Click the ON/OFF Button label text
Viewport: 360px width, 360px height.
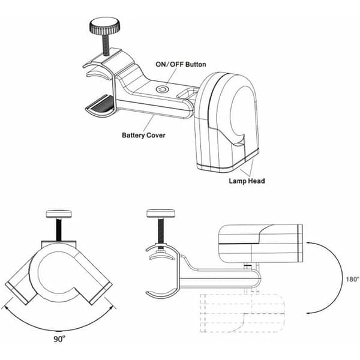point(181,64)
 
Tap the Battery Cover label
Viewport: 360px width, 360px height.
point(143,135)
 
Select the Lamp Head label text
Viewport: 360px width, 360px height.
point(247,181)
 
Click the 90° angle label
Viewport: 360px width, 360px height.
point(59,339)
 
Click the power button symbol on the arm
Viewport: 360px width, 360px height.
point(163,89)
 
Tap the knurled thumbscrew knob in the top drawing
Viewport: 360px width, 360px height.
point(105,26)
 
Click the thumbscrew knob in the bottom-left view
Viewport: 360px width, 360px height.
point(59,214)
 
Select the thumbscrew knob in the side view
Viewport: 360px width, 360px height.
point(160,213)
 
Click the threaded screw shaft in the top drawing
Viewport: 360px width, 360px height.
point(106,44)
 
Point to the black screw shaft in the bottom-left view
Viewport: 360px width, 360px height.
point(59,229)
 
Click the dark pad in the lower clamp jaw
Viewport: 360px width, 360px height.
point(102,105)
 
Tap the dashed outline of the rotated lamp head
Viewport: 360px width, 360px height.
point(242,313)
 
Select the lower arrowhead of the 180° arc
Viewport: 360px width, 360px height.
point(309,313)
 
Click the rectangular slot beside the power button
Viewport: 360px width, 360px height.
point(187,93)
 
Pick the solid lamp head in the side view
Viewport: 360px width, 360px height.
point(260,244)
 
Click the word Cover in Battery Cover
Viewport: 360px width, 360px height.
point(155,135)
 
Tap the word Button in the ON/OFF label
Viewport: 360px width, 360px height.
point(196,64)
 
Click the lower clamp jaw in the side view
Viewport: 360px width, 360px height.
point(162,295)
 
